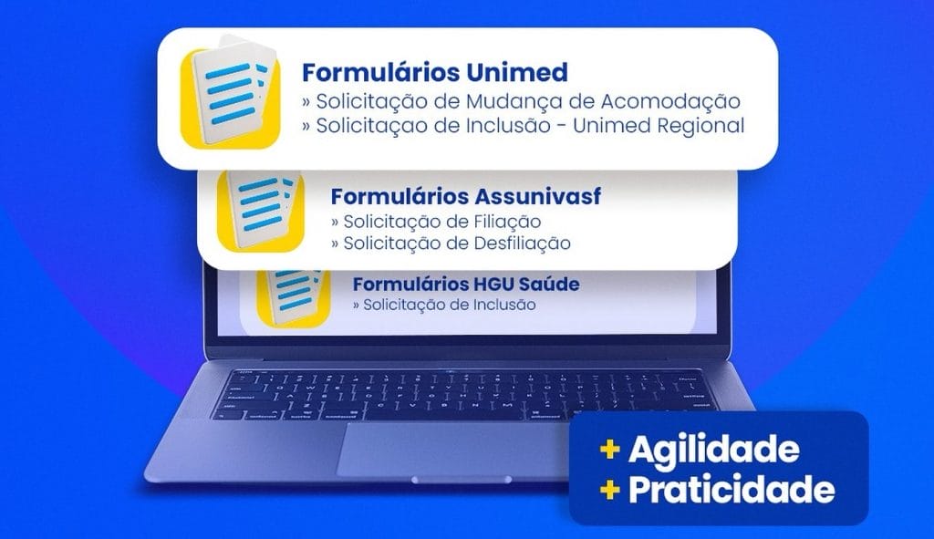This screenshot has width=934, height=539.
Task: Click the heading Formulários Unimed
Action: (435, 73)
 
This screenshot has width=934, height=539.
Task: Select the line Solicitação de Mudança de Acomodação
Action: (521, 101)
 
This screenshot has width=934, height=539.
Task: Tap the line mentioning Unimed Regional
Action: (524, 126)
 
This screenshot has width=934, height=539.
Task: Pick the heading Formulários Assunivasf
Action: (466, 196)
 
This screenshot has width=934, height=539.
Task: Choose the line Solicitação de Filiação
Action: (436, 222)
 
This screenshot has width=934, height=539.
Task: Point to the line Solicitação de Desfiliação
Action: (451, 243)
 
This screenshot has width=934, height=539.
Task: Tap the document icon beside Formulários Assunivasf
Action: (260, 211)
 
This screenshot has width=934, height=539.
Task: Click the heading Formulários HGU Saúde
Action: (466, 284)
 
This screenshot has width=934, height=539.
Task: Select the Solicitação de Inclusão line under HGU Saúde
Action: (444, 305)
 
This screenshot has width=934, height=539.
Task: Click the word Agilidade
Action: (713, 451)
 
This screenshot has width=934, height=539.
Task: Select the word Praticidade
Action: (732, 490)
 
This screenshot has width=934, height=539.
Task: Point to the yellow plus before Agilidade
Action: (610, 449)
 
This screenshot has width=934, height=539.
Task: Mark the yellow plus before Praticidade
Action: (610, 490)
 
